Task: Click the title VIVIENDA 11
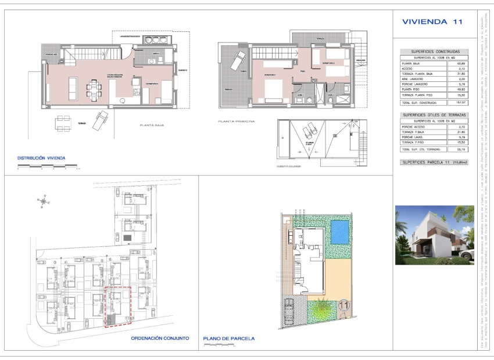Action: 432,22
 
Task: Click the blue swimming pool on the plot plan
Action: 339,232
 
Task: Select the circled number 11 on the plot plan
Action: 343,304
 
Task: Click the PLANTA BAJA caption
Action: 153,125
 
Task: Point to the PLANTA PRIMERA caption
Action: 236,121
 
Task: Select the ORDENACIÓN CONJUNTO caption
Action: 160,338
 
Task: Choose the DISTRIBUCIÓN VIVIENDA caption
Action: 41,158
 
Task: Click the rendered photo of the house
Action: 434,235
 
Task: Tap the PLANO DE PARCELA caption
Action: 229,339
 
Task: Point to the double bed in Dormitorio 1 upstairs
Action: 273,90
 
